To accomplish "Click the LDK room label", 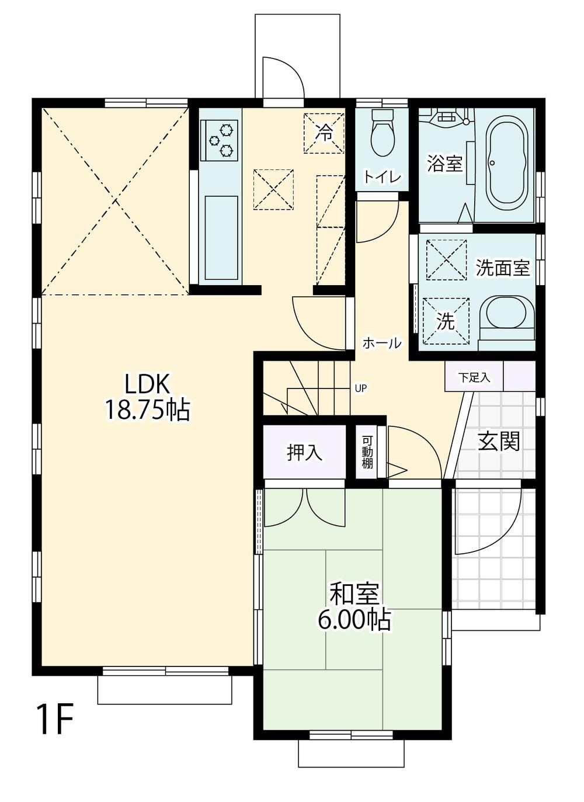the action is point(146,384).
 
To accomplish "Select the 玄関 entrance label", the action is point(499,441).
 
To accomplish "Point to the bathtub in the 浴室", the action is point(508,164).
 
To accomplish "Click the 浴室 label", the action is point(445,164).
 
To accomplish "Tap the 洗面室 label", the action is point(502,268).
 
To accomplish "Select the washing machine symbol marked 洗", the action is point(446,321).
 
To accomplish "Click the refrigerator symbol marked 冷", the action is point(324,133).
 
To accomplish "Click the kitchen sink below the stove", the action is point(221,238).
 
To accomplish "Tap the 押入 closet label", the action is point(304,453).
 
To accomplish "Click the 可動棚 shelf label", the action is point(367,452).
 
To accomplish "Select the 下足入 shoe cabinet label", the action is point(474,377).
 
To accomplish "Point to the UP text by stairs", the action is point(360,388).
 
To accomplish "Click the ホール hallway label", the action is point(382,343).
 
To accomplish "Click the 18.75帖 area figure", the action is point(147,409).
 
